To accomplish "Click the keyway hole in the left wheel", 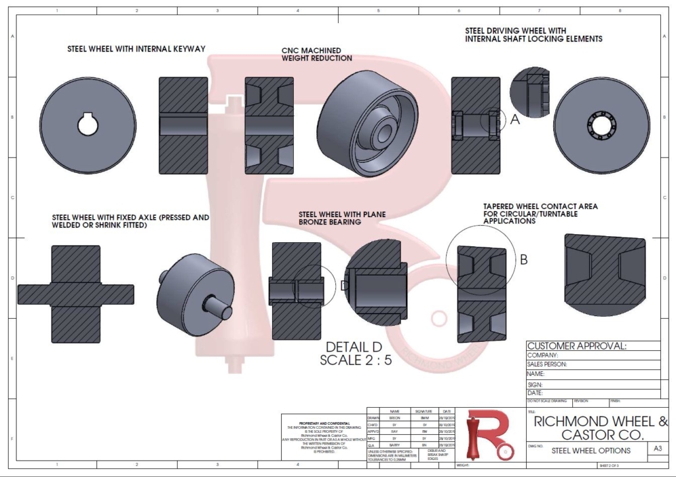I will point(88,124).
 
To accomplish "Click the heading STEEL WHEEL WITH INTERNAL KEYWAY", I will point(137,49).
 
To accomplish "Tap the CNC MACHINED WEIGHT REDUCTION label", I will point(317,54).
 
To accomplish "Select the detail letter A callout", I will point(515,119).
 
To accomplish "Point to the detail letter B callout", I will point(524,260).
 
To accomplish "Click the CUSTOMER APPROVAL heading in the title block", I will point(576,346).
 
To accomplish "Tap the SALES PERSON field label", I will point(547,364).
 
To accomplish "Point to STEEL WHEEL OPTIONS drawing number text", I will point(591,451).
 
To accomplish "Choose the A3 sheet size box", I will point(657,449).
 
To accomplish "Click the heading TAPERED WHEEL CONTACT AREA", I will point(541,207).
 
